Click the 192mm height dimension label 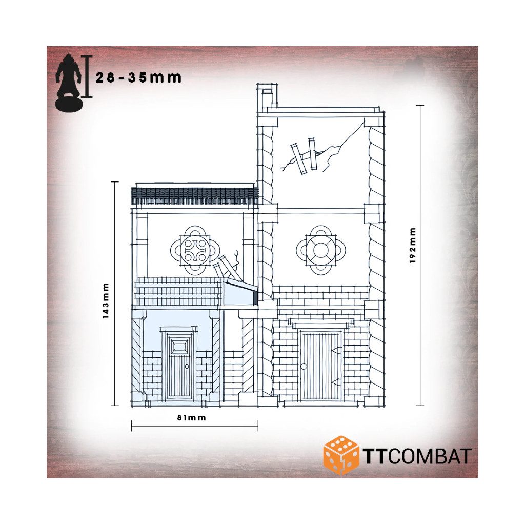tap(412, 246)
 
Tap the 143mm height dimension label tap(106, 300)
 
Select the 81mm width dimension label tap(192, 417)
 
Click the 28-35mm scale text tap(138, 78)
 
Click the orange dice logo tap(340, 455)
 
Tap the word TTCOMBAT tap(417, 456)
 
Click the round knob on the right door tap(304, 366)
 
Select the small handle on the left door tap(187, 366)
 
